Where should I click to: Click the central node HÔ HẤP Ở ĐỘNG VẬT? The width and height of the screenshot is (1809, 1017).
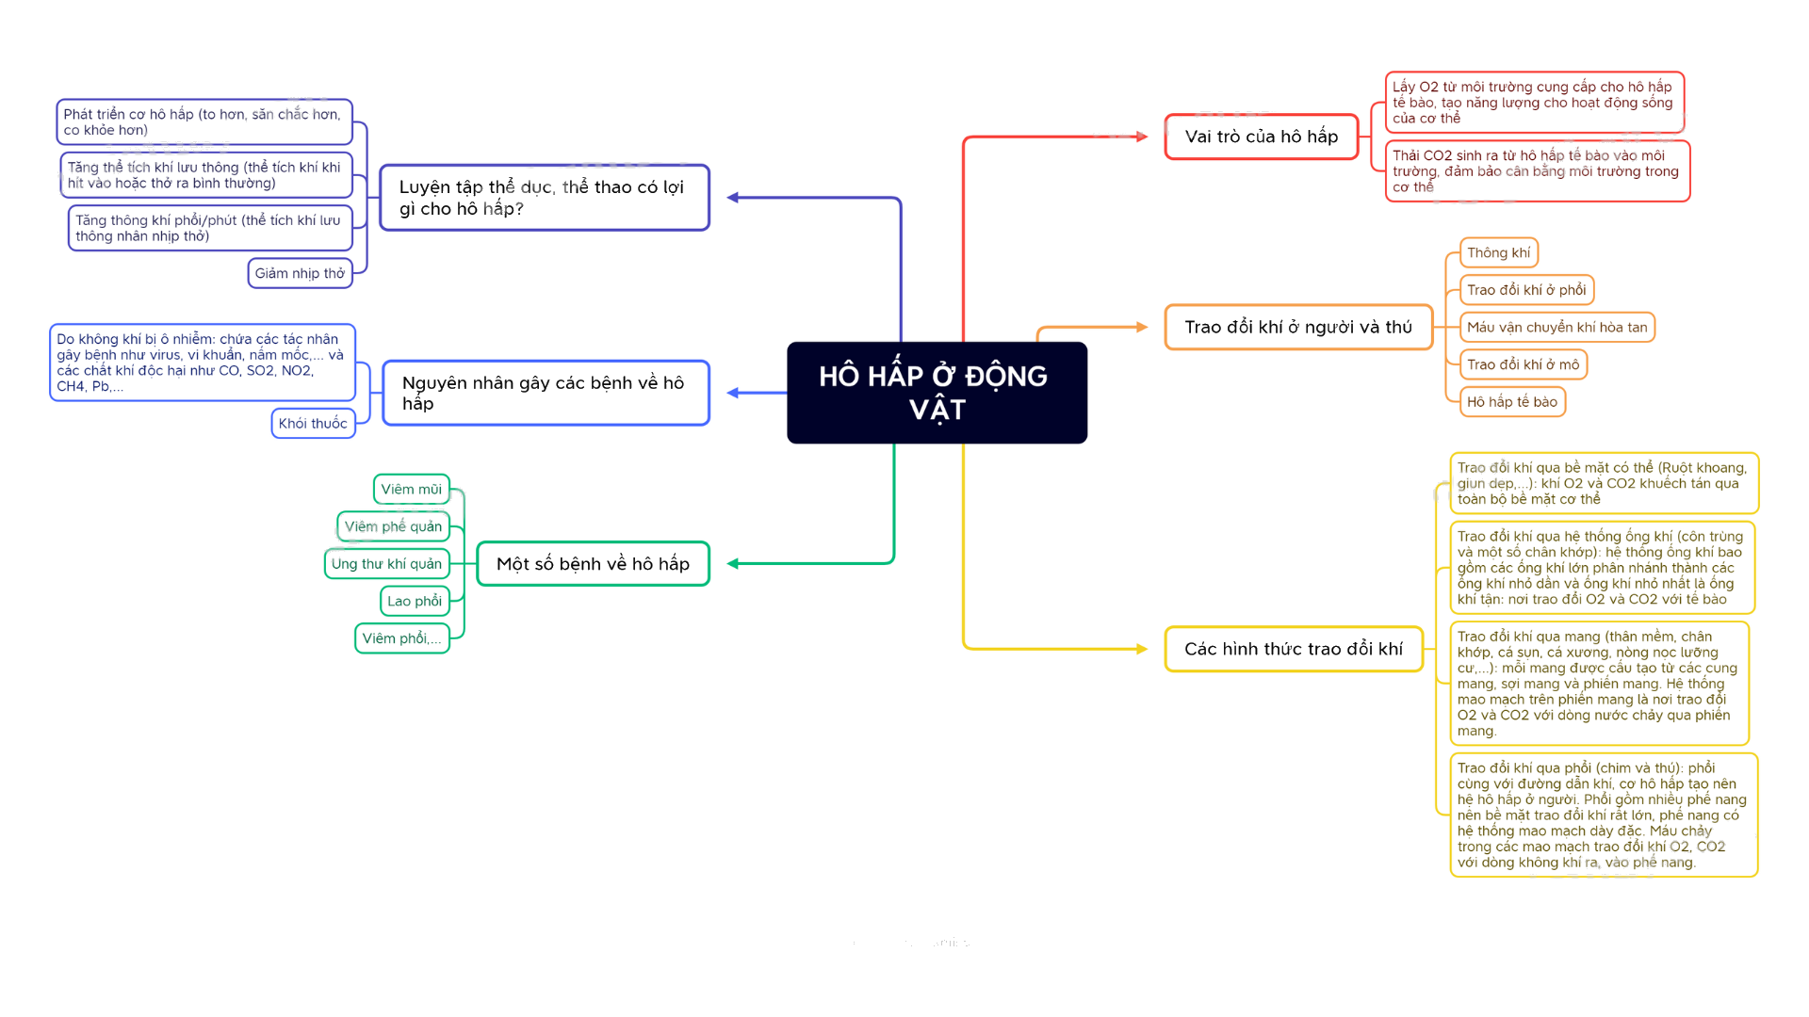[937, 393]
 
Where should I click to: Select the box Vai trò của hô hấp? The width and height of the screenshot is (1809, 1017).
[1262, 137]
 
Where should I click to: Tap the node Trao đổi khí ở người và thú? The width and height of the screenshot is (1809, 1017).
[1298, 327]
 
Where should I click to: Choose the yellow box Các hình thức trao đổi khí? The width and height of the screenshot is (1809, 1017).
[1294, 649]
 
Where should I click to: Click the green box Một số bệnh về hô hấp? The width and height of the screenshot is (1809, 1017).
[593, 563]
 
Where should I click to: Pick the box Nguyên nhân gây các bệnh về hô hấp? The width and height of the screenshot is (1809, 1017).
[546, 393]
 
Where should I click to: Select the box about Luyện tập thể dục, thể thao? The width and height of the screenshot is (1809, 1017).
[545, 198]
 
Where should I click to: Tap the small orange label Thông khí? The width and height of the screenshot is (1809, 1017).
[1498, 252]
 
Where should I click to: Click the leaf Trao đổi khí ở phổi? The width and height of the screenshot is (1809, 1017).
[1526, 290]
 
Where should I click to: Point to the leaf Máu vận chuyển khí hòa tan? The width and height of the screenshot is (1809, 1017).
[1556, 327]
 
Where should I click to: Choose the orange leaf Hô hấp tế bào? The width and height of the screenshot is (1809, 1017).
[1512, 401]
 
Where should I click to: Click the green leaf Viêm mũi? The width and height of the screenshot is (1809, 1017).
[411, 489]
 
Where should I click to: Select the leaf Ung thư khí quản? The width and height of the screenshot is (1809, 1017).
[386, 563]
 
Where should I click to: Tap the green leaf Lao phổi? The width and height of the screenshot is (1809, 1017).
[415, 601]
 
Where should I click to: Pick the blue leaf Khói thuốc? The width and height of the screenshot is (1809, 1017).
[313, 423]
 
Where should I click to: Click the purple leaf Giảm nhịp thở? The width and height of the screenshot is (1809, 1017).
[300, 273]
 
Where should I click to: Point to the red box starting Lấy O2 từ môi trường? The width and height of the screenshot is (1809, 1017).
[1534, 102]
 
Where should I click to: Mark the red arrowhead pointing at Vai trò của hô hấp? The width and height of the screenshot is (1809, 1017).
[1142, 137]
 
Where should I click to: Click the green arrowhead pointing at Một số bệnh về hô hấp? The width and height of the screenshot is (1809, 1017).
[733, 563]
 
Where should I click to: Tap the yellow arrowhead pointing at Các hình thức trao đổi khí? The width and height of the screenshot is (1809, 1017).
[1142, 649]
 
